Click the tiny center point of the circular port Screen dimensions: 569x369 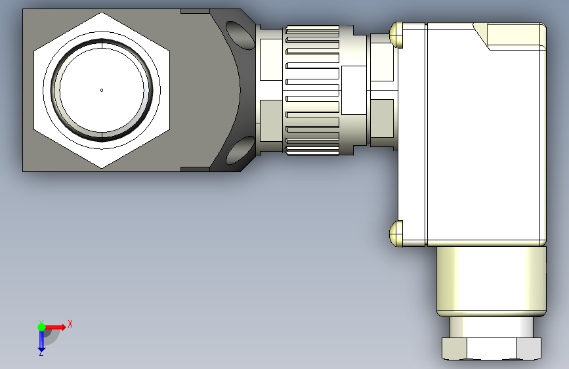click(x=102, y=90)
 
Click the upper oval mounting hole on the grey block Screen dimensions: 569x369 click(x=240, y=35)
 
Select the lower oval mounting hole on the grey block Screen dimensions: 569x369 click(x=240, y=150)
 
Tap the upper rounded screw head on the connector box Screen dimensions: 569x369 click(x=396, y=35)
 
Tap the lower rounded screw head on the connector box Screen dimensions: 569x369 click(x=396, y=234)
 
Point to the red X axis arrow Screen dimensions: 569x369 click(x=55, y=327)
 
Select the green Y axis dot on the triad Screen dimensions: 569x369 click(x=41, y=327)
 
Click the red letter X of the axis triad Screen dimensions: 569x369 click(x=70, y=324)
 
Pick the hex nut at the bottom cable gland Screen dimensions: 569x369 click(x=492, y=349)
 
